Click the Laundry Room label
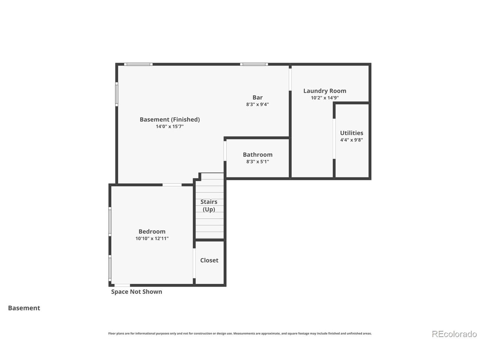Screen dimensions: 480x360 tap(324, 91)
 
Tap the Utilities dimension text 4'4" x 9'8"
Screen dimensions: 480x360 tap(351, 140)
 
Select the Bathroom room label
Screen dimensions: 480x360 tap(258, 155)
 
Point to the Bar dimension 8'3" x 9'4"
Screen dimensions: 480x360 tap(257, 104)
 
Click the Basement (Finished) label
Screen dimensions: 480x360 tap(170, 120)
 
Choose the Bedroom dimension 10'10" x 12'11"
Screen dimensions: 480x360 tap(152, 238)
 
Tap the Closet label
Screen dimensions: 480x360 tap(209, 260)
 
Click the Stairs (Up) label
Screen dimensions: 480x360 tap(209, 205)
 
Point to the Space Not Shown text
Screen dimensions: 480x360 tap(136, 292)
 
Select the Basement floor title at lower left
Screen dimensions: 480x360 tap(24, 308)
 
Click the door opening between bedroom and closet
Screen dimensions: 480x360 tap(194, 263)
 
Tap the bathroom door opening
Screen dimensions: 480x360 tap(225, 151)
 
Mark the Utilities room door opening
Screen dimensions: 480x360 tap(334, 139)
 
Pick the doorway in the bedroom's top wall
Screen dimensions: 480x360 tap(172, 185)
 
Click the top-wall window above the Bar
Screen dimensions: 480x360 tap(254, 64)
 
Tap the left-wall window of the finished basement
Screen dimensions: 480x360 tap(117, 94)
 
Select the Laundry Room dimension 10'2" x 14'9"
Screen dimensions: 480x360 tap(325, 98)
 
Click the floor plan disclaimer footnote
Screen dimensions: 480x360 tap(240, 333)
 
